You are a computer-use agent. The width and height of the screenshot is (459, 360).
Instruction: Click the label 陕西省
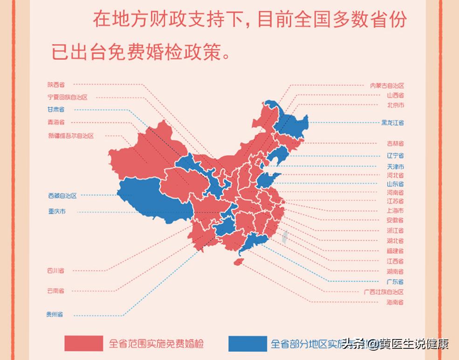click(x=56, y=85)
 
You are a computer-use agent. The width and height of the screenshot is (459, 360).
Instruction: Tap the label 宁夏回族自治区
click(x=67, y=97)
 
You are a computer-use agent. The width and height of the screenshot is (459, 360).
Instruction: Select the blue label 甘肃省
click(x=56, y=110)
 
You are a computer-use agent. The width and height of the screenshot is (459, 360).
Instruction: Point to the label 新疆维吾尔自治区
click(x=70, y=136)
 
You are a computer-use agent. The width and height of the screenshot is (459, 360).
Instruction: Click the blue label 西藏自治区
click(x=62, y=196)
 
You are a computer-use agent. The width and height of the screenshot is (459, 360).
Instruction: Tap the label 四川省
click(x=56, y=270)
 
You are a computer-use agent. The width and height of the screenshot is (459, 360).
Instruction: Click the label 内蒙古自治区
click(x=387, y=85)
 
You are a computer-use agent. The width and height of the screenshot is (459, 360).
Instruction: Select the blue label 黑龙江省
click(x=392, y=123)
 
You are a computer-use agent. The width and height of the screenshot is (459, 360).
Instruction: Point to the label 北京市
click(x=395, y=105)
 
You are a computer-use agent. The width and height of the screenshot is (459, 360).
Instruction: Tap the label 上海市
click(x=395, y=211)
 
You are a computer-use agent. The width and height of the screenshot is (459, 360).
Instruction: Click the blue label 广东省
click(x=395, y=282)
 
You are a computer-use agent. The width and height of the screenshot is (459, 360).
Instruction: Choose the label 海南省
click(x=395, y=303)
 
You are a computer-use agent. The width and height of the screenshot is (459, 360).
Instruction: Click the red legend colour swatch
click(x=84, y=344)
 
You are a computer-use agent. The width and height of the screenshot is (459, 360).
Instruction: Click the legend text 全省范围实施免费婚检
click(x=157, y=344)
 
